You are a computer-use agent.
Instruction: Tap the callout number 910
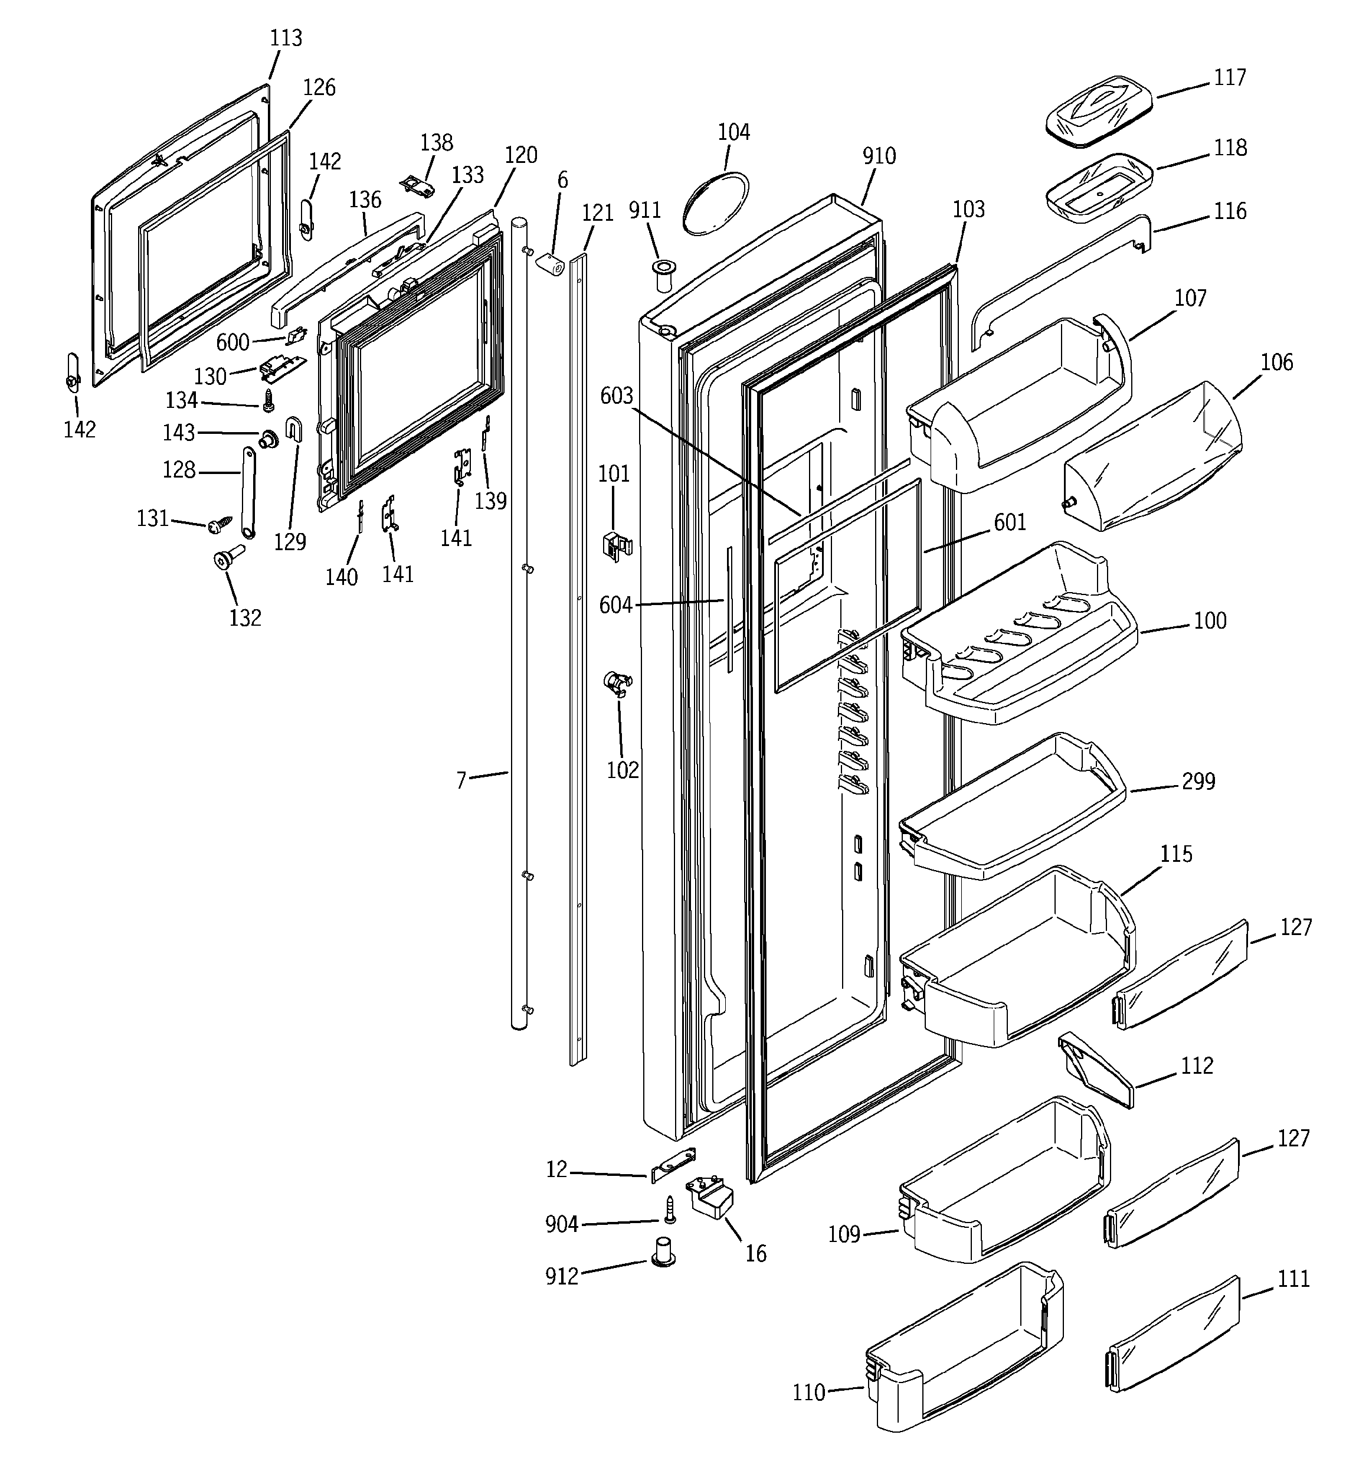(x=879, y=156)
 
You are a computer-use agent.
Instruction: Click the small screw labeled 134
(x=268, y=401)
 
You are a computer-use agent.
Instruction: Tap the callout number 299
(x=1198, y=781)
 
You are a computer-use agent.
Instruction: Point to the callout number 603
(x=616, y=396)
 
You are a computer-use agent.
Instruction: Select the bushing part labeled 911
(x=663, y=274)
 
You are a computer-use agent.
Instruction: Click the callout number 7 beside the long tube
(x=461, y=780)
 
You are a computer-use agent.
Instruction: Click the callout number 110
(x=808, y=1393)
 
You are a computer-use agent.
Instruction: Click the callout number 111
(x=1293, y=1279)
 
